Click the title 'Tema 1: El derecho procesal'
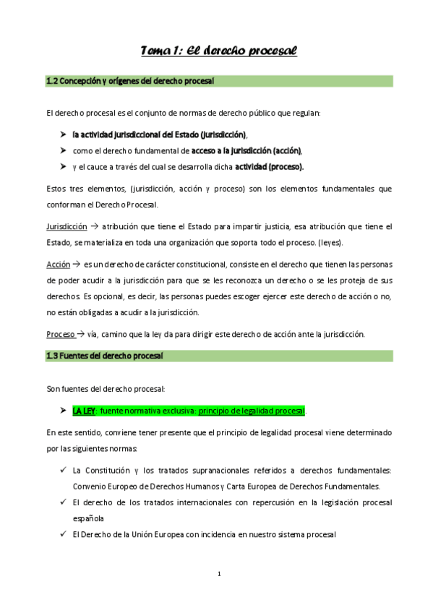tap(218, 51)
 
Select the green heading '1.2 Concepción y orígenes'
tap(129, 82)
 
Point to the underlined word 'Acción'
tap(58, 265)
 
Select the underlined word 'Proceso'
tap(60, 334)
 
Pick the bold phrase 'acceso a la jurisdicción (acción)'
tap(246, 151)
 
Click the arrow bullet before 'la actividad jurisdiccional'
tap(61, 135)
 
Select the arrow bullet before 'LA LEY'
tap(61, 411)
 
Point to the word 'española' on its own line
tap(88, 518)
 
